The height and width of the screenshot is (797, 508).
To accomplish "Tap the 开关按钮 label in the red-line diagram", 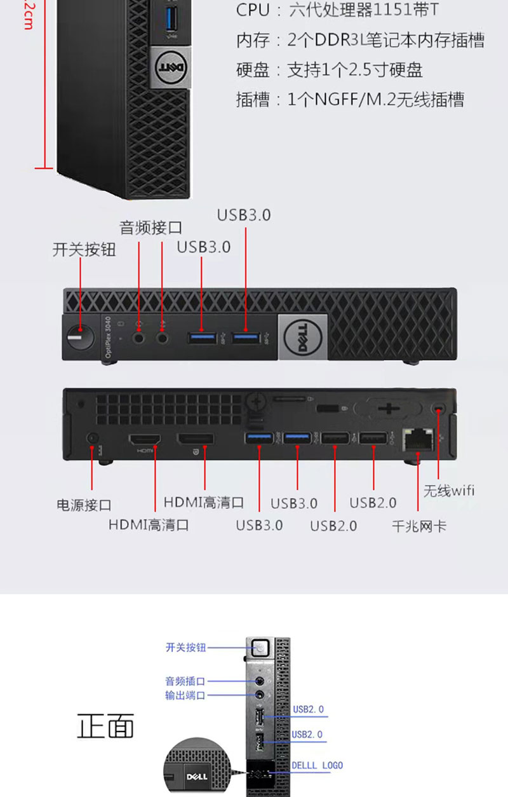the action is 84,250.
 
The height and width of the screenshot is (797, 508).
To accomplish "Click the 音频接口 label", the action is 151,228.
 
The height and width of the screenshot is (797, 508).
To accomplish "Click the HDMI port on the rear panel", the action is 145,440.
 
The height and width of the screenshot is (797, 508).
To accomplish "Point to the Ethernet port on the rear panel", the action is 417,439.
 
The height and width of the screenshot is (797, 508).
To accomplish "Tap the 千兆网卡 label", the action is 419,526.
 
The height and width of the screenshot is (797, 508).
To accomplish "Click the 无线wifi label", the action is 449,490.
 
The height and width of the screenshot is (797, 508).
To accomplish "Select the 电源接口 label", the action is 84,505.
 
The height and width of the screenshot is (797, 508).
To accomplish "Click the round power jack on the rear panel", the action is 93,438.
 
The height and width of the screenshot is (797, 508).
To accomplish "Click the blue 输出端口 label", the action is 185,695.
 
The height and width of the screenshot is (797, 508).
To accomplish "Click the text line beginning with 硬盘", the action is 330,69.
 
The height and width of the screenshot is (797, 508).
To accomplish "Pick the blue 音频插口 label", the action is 185,681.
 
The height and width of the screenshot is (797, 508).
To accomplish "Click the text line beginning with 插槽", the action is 350,99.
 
